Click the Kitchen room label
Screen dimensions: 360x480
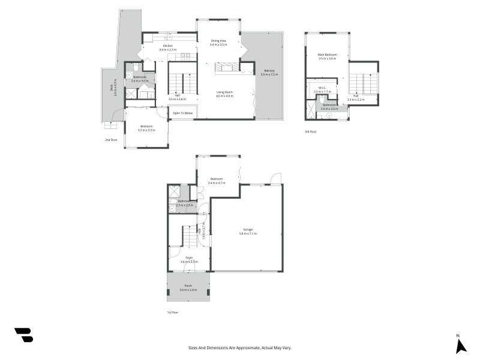tap(167, 47)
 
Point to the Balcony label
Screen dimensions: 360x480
tap(268, 72)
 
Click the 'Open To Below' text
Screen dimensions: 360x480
tap(183, 113)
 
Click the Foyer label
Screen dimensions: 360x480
tap(189, 259)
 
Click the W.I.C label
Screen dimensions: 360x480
tap(322, 89)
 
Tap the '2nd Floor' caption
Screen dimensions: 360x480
tap(110, 139)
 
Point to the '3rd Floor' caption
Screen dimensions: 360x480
tap(310, 131)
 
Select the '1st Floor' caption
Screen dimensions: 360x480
tap(172, 312)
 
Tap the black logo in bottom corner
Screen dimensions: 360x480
tap(23, 335)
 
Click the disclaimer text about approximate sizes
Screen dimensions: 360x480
tap(239, 347)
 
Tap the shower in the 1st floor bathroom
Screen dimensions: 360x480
tap(174, 192)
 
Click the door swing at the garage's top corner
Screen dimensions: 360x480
tap(275, 178)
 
